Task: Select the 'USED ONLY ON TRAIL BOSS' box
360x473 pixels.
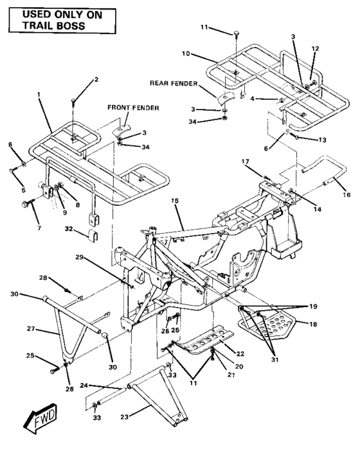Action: coord(54,20)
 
